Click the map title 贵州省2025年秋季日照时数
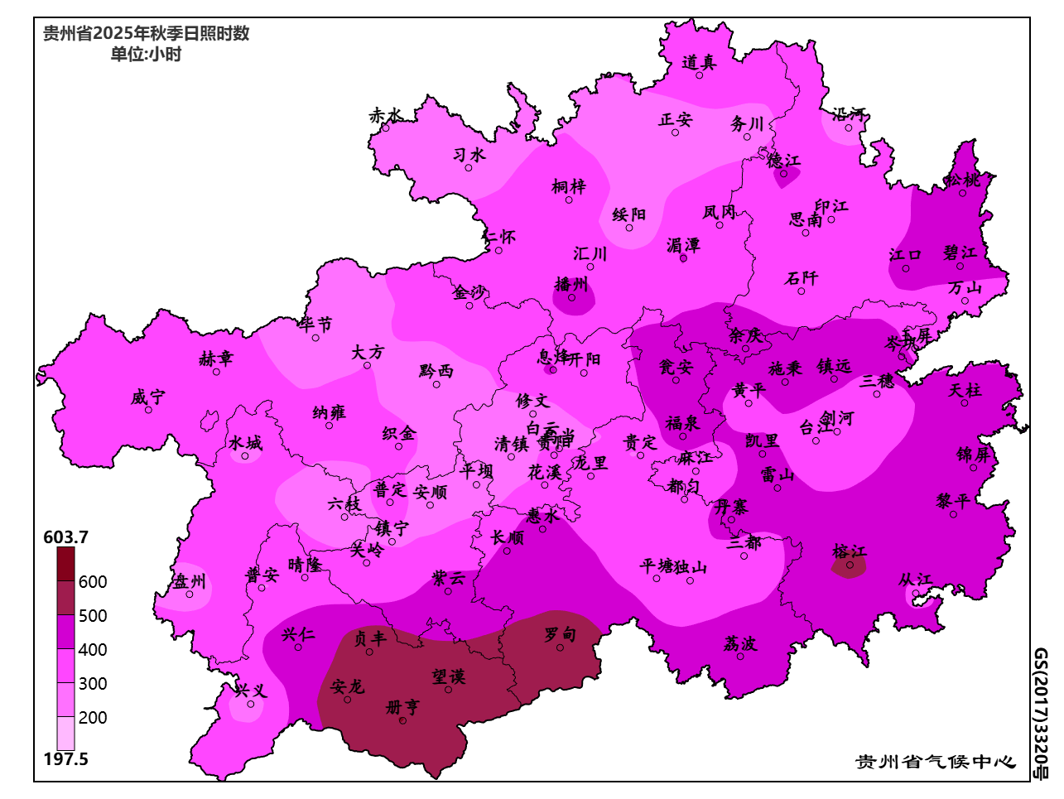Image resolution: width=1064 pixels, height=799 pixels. [x=146, y=34]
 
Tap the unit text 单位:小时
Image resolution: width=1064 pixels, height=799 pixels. [x=146, y=55]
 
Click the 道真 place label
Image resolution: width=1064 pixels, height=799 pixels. [x=699, y=62]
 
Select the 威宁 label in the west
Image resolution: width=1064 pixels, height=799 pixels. [x=147, y=397]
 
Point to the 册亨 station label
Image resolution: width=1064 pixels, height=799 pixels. [x=403, y=707]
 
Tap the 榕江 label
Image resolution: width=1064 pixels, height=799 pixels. [x=849, y=552]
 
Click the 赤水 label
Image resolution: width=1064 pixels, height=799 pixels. [x=385, y=116]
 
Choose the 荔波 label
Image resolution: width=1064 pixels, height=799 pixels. [x=739, y=643]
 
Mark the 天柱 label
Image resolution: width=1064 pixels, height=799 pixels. [x=964, y=389]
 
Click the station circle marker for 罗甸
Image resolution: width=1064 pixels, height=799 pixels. [x=560, y=647]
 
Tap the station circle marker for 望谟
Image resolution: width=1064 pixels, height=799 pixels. [x=449, y=690]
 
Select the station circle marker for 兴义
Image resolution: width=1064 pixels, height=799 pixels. [x=251, y=704]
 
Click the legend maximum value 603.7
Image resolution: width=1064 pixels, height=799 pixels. [x=65, y=537]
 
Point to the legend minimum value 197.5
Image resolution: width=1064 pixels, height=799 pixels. [x=65, y=759]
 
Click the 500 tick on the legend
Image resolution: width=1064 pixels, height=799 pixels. [x=93, y=616]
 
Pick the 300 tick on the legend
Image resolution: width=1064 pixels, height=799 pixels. [x=93, y=684]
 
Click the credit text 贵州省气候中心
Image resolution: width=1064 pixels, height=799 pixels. [x=935, y=762]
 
